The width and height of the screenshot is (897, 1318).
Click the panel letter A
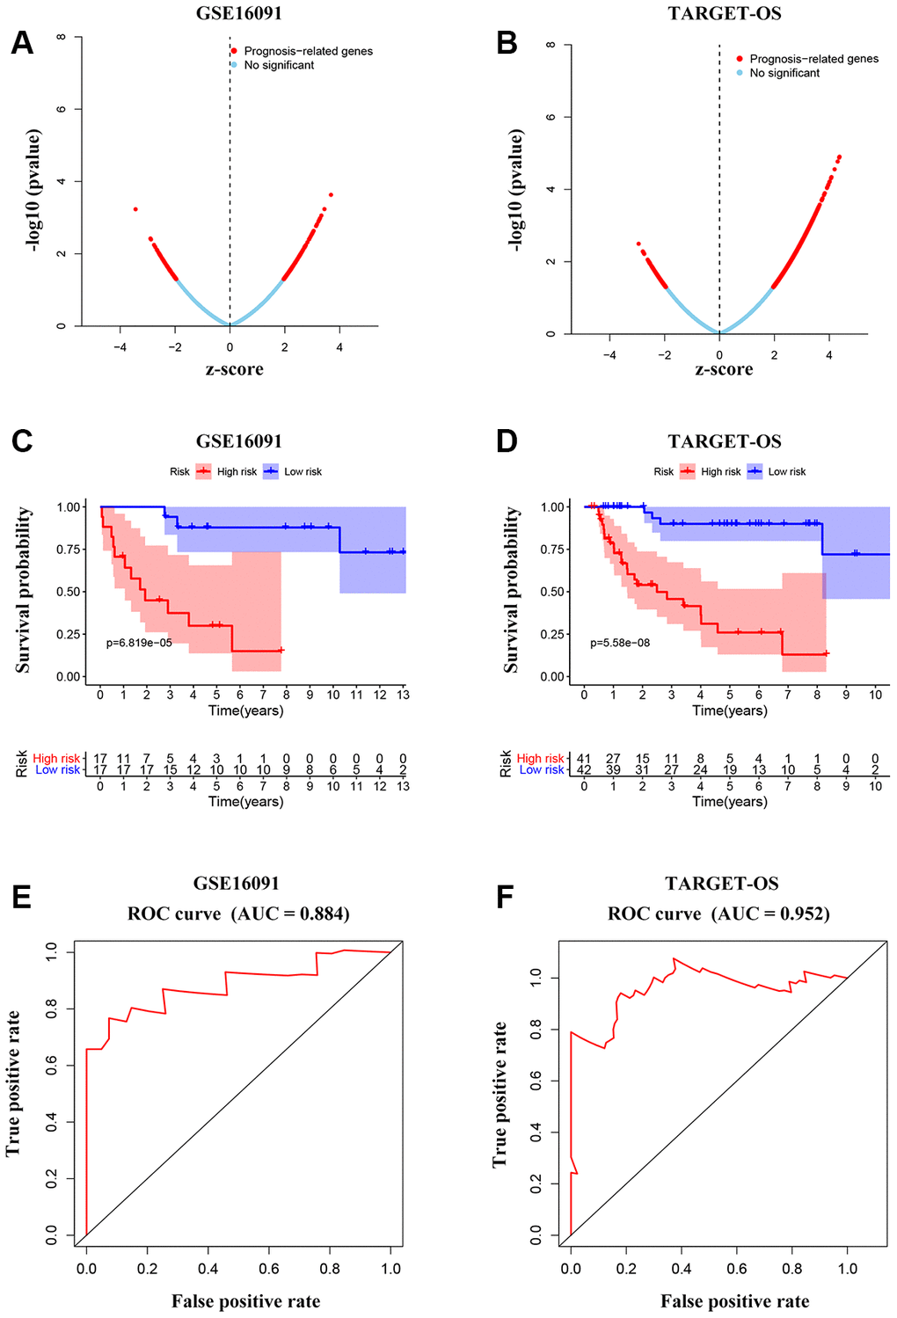point(22,43)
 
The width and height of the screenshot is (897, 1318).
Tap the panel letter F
point(505,897)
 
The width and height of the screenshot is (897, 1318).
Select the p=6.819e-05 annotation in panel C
point(139,643)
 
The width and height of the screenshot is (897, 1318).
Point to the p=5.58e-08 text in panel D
point(620,643)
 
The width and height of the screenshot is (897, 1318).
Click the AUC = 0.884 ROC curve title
point(238,914)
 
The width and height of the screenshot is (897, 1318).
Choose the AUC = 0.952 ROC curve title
point(718,914)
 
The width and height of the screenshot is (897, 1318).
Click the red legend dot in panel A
point(234,51)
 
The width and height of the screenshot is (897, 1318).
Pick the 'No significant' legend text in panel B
point(784,73)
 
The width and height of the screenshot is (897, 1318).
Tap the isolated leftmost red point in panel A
point(135,209)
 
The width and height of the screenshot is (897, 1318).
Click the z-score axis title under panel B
point(724,369)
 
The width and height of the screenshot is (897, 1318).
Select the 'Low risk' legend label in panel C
point(303,472)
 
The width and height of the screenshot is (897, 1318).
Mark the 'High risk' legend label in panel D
point(721,472)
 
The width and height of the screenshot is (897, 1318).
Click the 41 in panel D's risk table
point(584,758)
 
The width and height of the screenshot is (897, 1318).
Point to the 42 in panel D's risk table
point(584,769)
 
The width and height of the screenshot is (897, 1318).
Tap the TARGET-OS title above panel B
point(725,13)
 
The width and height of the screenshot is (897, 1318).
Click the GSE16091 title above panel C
point(239,441)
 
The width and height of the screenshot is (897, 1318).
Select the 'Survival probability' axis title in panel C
point(24,590)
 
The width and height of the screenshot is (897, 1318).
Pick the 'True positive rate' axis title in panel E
point(13,1083)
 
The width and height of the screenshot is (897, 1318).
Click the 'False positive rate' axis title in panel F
point(734,1300)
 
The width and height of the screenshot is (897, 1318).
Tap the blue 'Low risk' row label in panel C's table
point(57,769)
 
